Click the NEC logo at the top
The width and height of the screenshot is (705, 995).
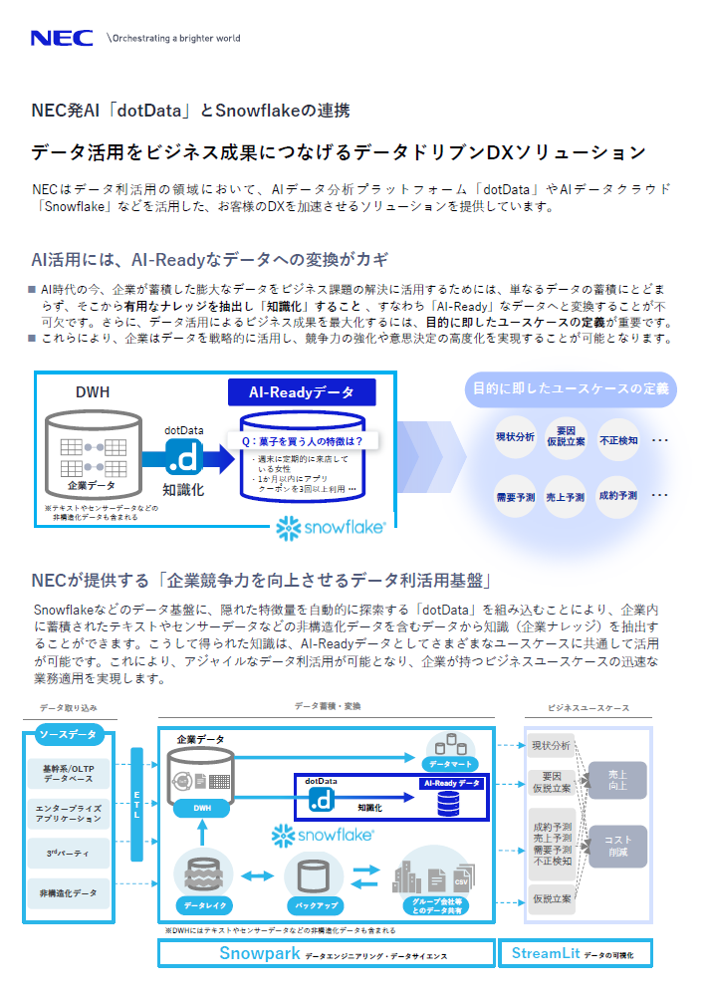[63, 38]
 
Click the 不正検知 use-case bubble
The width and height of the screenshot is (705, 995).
[618, 438]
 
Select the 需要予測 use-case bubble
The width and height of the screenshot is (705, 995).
[515, 496]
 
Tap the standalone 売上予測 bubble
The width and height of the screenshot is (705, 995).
[566, 496]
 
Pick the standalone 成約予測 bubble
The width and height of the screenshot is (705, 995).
[618, 496]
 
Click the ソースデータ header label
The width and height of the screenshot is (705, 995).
[69, 735]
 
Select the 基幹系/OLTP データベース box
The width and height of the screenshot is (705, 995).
[69, 774]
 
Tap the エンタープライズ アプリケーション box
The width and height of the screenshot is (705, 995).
[69, 813]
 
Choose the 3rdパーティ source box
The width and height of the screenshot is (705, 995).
[69, 854]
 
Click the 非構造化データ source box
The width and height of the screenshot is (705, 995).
[69, 893]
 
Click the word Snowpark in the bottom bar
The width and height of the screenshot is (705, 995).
[259, 953]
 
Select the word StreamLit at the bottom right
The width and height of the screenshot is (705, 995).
[546, 953]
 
